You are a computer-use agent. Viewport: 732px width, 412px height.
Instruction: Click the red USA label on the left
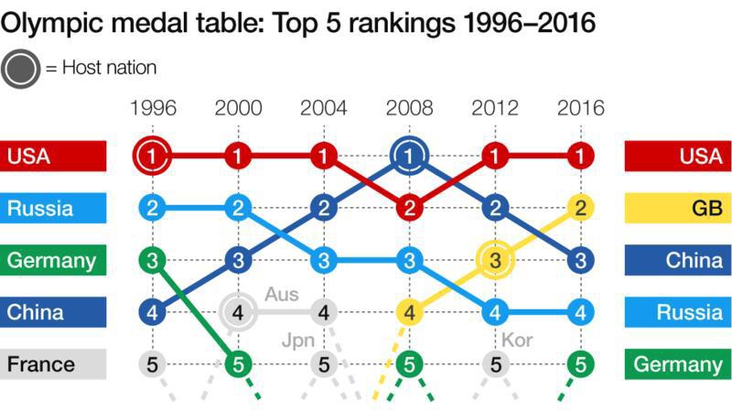[x=53, y=157]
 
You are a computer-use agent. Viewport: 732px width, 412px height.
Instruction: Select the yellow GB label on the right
[x=678, y=208]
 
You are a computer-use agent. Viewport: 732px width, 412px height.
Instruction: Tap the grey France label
[x=53, y=364]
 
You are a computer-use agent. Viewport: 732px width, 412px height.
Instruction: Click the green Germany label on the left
[x=53, y=260]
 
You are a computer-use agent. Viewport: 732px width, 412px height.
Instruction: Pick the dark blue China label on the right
[x=678, y=260]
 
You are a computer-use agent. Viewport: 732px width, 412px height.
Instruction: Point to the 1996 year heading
[x=153, y=108]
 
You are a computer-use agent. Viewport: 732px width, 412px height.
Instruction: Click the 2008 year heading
[x=409, y=108]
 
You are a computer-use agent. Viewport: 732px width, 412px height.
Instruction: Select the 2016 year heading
[x=580, y=108]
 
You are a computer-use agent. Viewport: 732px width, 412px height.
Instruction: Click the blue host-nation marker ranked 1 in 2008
[x=409, y=157]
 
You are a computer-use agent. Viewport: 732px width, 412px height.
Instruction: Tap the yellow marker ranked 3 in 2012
[x=495, y=260]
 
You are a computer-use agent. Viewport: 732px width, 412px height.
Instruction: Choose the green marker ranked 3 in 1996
[x=153, y=260]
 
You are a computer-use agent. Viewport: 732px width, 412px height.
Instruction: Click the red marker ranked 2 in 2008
[x=409, y=209]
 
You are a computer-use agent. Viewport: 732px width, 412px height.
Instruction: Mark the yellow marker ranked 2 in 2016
[x=580, y=209]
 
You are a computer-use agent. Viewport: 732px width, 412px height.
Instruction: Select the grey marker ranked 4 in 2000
[x=238, y=312]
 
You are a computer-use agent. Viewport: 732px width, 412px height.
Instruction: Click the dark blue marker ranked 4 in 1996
[x=153, y=312]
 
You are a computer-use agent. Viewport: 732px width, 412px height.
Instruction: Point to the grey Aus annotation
[x=281, y=295]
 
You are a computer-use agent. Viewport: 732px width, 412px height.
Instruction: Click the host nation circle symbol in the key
[x=20, y=68]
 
